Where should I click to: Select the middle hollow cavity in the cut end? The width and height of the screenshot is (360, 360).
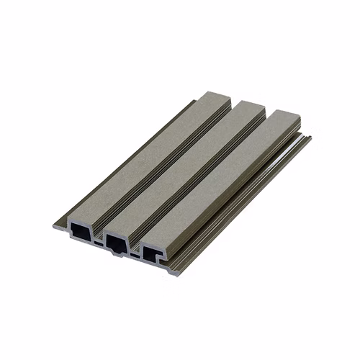115,240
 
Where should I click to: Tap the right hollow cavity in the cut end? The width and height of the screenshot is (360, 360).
153,252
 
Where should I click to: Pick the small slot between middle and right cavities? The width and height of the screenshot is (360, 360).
134,255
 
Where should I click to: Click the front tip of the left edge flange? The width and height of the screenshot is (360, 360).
55,226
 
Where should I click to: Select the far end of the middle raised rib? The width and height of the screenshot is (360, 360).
248,107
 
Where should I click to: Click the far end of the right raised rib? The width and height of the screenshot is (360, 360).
284,117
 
